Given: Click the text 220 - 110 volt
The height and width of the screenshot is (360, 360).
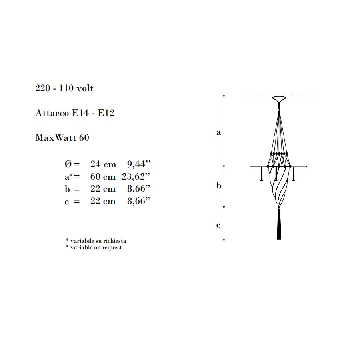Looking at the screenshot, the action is (64, 88).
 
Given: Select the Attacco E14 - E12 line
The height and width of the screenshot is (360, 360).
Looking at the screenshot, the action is (75, 113).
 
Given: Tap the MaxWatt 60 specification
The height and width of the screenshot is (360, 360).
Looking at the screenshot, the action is (62, 138).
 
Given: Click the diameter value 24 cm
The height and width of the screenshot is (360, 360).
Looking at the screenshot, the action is (103, 164).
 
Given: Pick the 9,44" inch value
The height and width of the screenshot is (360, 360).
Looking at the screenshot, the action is (139, 164).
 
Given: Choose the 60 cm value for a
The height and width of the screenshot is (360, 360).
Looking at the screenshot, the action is (103, 176).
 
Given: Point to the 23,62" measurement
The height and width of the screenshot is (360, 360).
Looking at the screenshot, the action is (136, 176).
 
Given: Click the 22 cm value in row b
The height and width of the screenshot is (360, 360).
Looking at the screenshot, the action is (103, 189).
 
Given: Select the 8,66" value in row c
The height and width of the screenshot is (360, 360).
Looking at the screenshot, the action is (139, 201).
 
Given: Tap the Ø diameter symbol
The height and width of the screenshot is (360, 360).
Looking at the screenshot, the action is (68, 164).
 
